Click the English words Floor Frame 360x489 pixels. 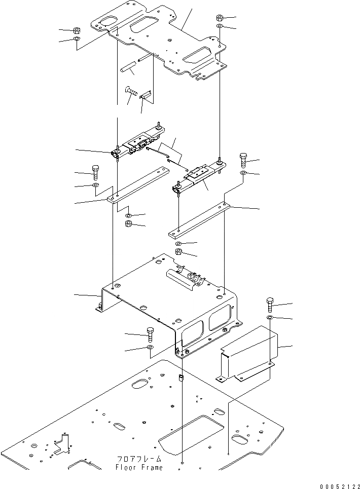click(139, 468)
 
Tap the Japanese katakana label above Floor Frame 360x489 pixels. click(139, 459)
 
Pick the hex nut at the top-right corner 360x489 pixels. click(220, 16)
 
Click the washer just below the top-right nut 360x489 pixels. click(220, 26)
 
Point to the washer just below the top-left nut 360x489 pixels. click(76, 39)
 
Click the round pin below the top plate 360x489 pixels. click(129, 67)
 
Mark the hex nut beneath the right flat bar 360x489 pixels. click(178, 252)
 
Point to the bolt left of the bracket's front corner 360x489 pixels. click(151, 334)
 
